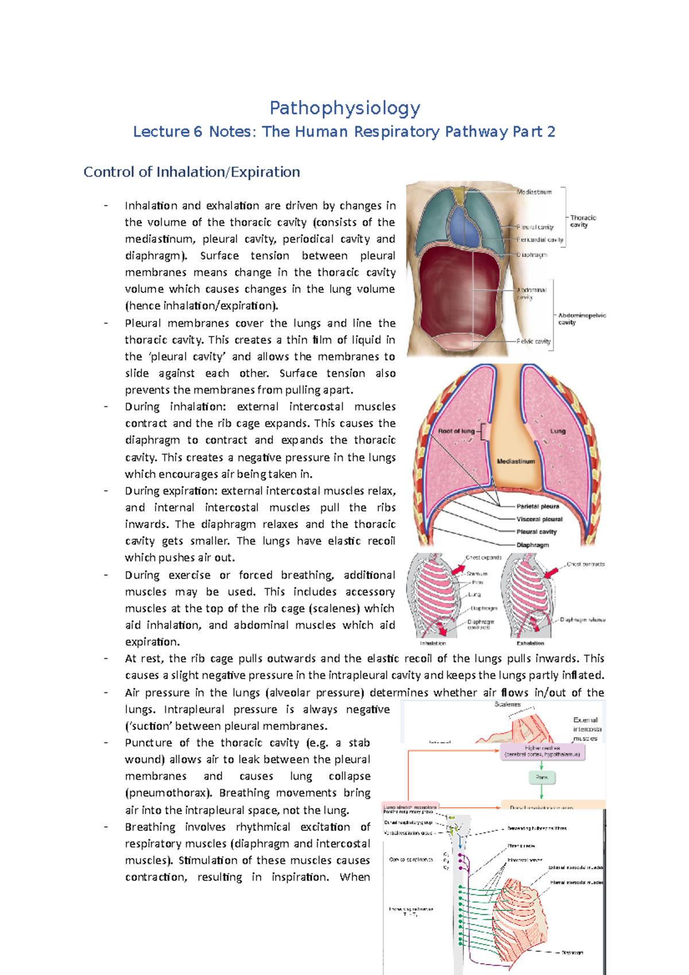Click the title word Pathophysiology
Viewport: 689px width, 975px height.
coord(344,108)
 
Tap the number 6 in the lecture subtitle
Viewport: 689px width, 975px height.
coord(198,132)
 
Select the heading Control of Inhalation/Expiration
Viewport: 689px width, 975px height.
coord(192,172)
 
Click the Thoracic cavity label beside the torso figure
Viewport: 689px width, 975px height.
coord(583,221)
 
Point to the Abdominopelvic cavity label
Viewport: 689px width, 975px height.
coord(582,319)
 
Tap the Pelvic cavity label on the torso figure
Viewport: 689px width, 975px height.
coord(534,341)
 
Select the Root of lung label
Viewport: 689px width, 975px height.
coord(456,431)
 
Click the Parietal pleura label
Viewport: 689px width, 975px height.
coord(537,506)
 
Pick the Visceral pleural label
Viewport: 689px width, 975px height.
coord(539,519)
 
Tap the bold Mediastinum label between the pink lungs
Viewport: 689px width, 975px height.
coord(516,461)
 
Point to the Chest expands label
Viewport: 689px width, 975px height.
coord(483,558)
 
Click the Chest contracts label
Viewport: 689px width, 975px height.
coord(585,564)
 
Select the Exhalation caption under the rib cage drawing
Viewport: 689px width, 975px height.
coord(530,643)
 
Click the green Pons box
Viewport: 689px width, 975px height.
coord(541,777)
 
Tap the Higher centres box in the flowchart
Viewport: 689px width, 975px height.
coord(542,751)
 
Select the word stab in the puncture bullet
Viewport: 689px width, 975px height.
coord(359,743)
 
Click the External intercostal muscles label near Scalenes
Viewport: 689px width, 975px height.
coord(585,729)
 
